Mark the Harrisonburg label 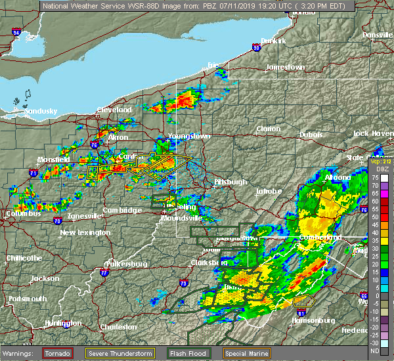click(x=313, y=321)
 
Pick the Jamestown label click(x=286, y=68)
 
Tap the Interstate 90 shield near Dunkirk click(x=256, y=47)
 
